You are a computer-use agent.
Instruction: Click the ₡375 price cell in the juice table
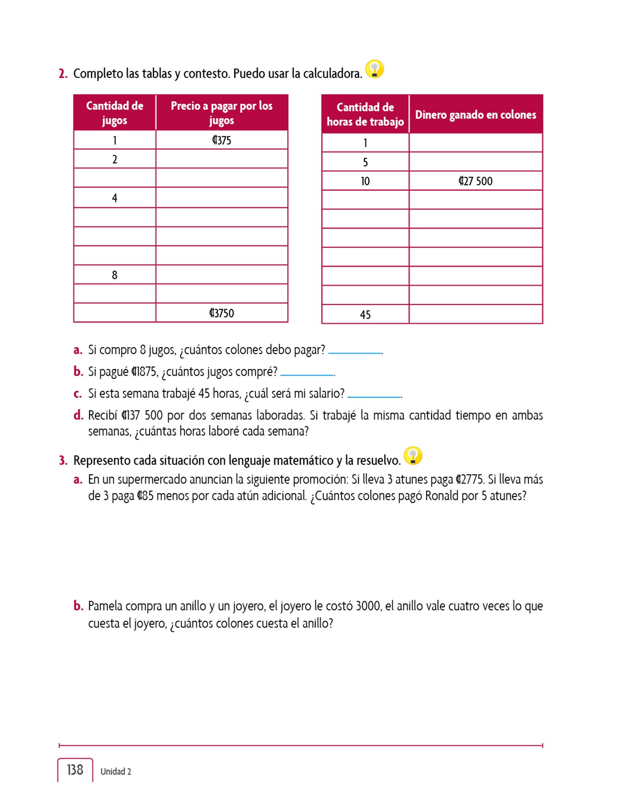pyautogui.click(x=221, y=140)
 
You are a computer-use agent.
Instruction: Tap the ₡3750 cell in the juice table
pyautogui.click(x=221, y=313)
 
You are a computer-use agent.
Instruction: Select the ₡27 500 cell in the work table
pyautogui.click(x=475, y=181)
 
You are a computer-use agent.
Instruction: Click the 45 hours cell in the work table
pyautogui.click(x=365, y=314)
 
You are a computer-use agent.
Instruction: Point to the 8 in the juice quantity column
pyautogui.click(x=115, y=275)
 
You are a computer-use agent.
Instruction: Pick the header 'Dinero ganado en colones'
pyautogui.click(x=475, y=115)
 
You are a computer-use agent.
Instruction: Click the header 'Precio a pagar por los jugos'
pyautogui.click(x=221, y=113)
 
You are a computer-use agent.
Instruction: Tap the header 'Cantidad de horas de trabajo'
pyautogui.click(x=365, y=114)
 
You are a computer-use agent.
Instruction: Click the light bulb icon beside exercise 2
pyautogui.click(x=374, y=69)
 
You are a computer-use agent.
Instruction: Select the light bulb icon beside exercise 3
pyautogui.click(x=413, y=456)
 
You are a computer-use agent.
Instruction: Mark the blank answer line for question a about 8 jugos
pyautogui.click(x=355, y=352)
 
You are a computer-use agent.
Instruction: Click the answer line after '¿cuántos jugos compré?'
pyautogui.click(x=307, y=374)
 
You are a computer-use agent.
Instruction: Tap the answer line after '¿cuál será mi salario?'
pyautogui.click(x=374, y=396)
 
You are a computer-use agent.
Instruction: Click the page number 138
pyautogui.click(x=75, y=770)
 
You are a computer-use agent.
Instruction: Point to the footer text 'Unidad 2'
pyautogui.click(x=116, y=772)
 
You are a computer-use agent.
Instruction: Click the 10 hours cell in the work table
pyautogui.click(x=365, y=181)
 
